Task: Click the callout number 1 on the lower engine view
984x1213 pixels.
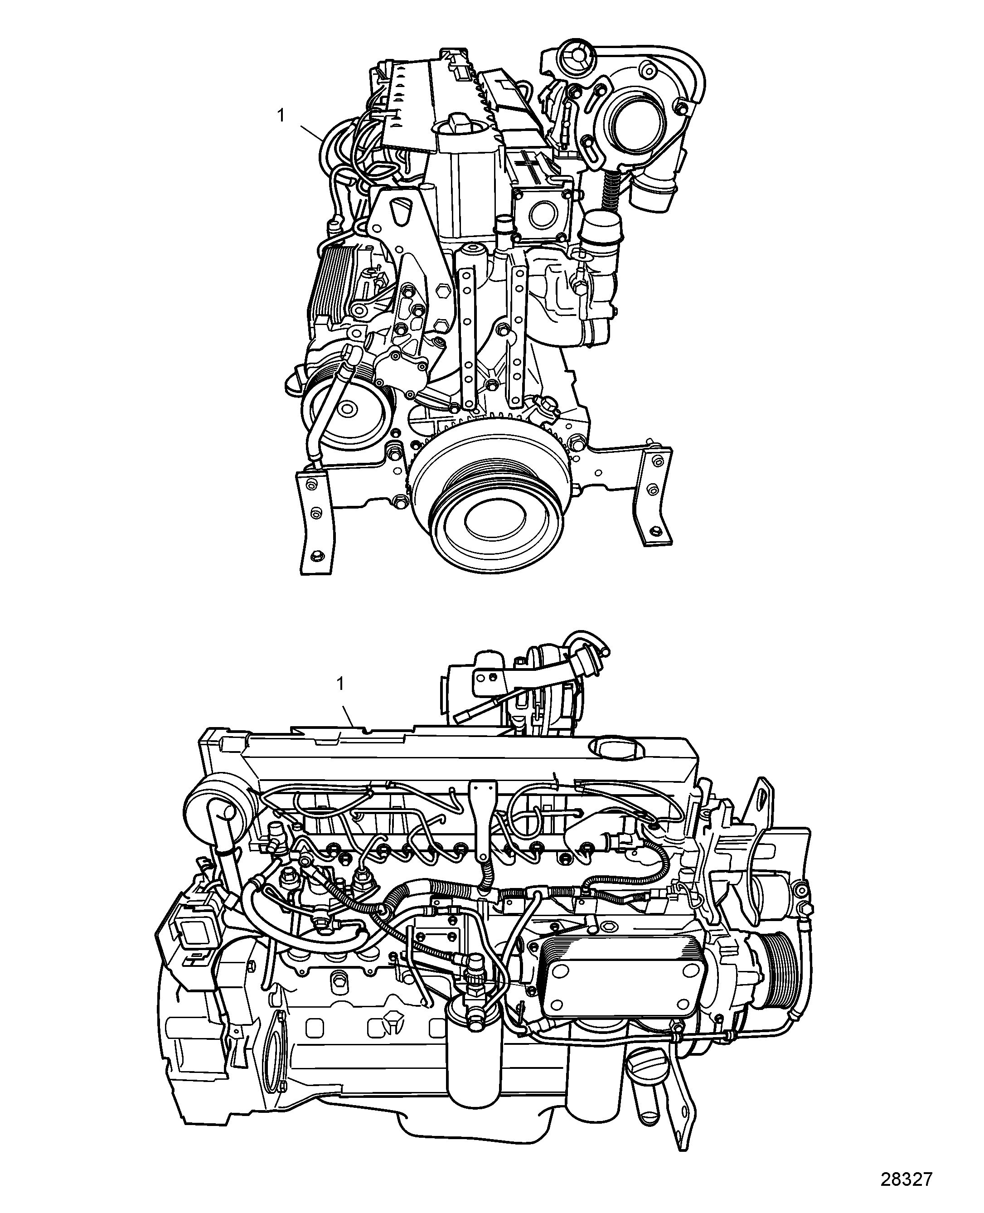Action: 340,684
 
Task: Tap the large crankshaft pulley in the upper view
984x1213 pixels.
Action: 491,498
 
